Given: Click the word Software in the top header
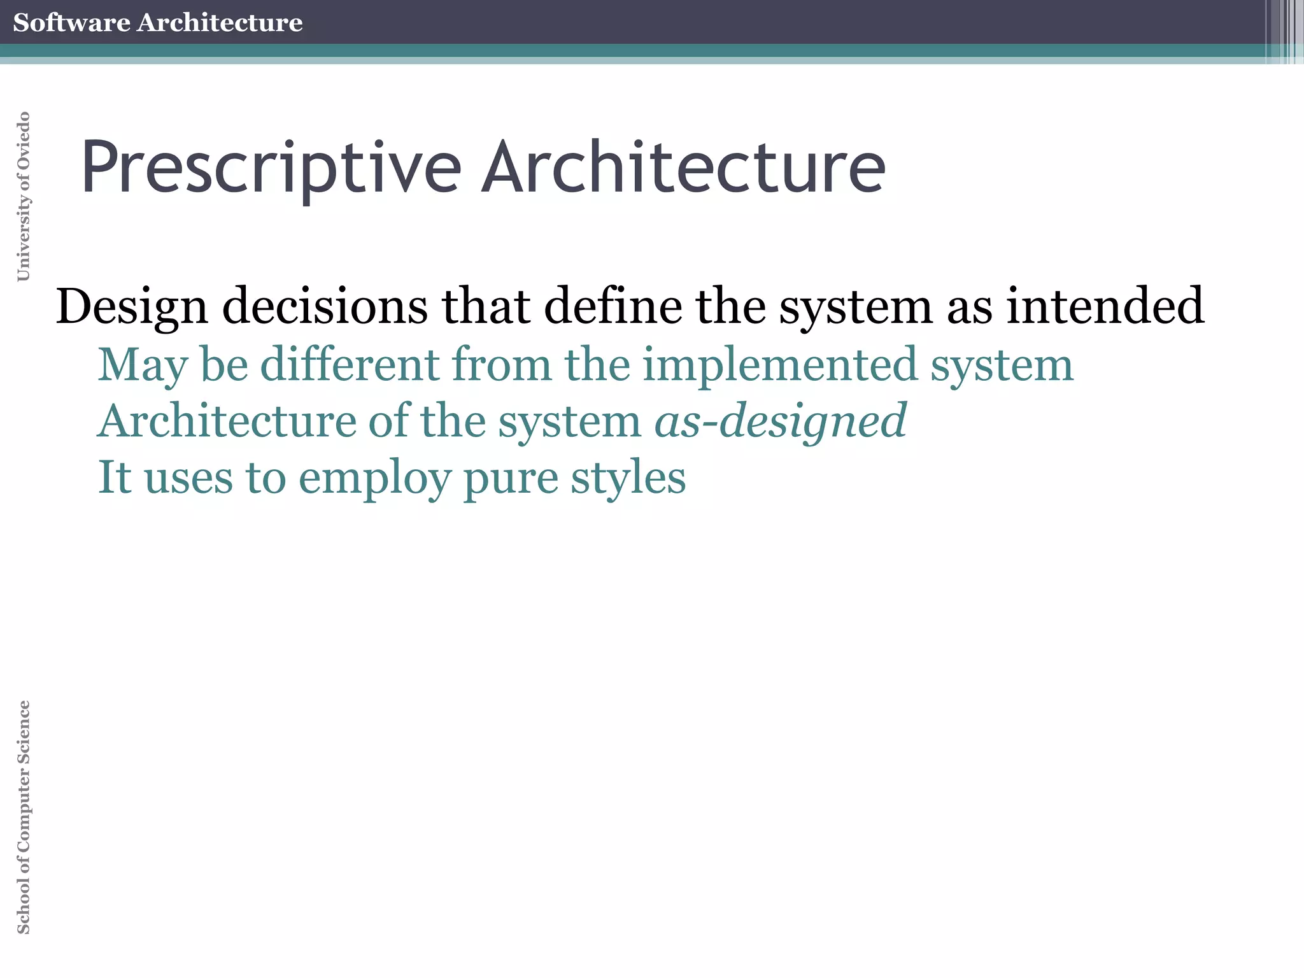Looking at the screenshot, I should [71, 22].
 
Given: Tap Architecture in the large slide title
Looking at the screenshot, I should [683, 167].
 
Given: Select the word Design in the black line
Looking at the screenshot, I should [132, 307].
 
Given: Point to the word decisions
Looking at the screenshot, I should [325, 307].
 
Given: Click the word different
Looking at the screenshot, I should [350, 364].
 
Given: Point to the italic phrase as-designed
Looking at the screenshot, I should [781, 422].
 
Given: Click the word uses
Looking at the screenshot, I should [188, 479].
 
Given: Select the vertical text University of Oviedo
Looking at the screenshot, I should [23, 196].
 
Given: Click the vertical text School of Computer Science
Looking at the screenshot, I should [23, 818].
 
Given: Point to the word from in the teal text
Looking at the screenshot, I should [502, 364].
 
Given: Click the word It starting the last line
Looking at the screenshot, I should [115, 478].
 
